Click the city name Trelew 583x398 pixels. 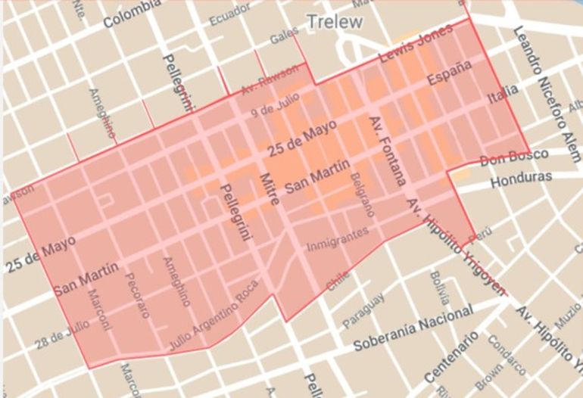pos(334,21)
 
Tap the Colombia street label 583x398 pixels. pos(132,15)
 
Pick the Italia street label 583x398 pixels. pos(503,95)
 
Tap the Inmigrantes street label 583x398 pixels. pos(337,241)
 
